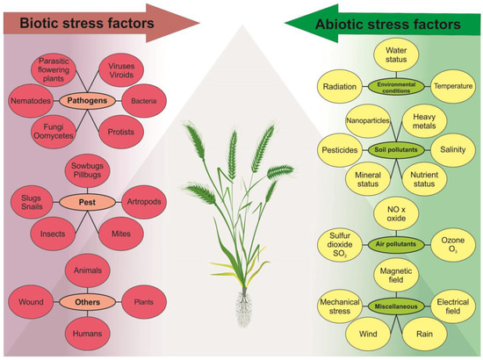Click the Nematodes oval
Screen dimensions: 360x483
[x=32, y=101]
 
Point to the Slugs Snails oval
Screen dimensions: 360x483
[x=30, y=199]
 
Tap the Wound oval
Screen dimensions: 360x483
[x=30, y=302]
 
